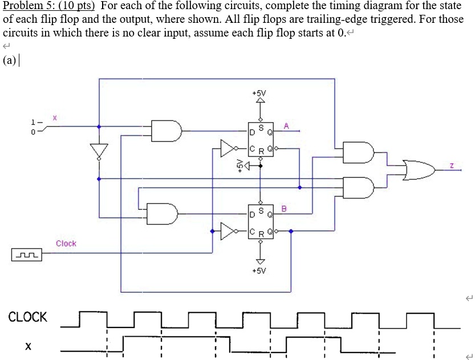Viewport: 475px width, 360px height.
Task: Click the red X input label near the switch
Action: tap(55, 117)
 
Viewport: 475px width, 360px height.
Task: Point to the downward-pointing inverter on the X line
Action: tap(99, 151)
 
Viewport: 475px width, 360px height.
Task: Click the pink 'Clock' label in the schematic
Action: tap(66, 244)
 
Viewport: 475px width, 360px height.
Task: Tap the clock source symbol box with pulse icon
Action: tap(27, 254)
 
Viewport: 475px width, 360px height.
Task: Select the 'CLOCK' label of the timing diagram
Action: tap(27, 317)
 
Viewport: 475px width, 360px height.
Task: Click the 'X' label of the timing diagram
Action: tap(28, 346)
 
